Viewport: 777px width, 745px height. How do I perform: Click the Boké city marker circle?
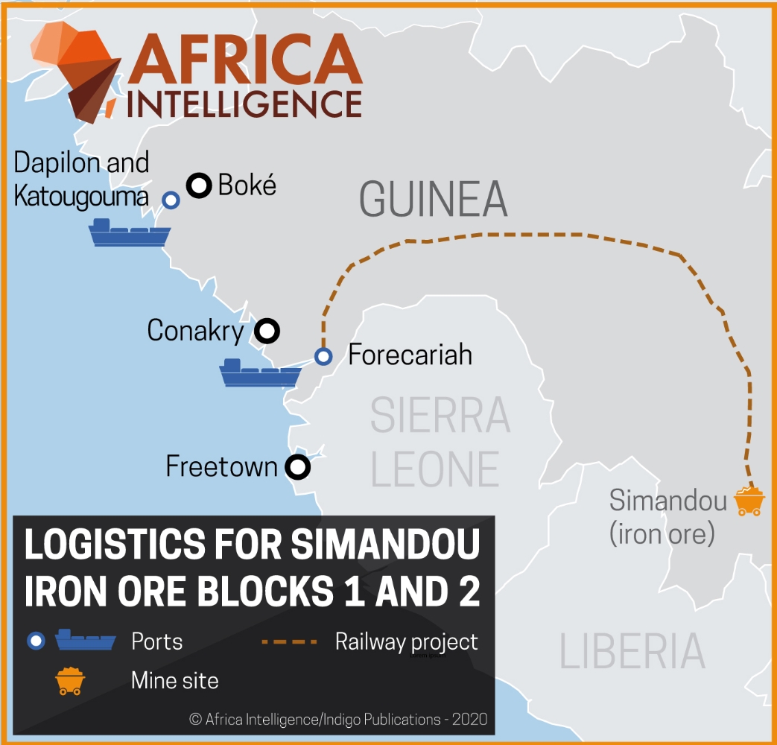pos(199,186)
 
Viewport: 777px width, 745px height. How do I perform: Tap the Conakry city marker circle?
pos(267,330)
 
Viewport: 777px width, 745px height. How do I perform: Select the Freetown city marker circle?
pos(298,467)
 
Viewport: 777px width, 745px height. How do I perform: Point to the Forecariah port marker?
pos(323,356)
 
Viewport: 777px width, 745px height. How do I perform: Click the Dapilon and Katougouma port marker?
pos(171,200)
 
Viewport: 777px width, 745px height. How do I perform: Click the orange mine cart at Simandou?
pos(749,501)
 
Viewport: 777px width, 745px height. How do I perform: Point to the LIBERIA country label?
pos(632,650)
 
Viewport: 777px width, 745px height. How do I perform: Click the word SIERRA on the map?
pos(440,416)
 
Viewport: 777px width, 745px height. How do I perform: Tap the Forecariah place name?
pos(410,355)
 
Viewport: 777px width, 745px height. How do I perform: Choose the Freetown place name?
pos(221,467)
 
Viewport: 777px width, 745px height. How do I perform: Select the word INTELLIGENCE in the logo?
pos(244,103)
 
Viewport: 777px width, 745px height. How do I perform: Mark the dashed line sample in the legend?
pos(291,641)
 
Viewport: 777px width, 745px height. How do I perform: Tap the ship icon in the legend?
pos(86,640)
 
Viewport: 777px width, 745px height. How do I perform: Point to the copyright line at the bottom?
pos(338,719)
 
